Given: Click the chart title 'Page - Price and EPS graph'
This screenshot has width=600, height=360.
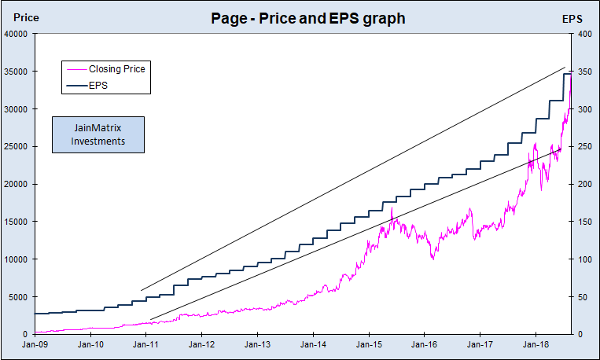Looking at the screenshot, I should (308, 18).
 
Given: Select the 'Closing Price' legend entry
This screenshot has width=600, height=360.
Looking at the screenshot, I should (116, 69).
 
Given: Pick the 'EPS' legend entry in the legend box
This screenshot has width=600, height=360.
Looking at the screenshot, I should (99, 84).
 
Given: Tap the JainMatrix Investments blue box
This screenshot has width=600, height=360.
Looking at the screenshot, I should (98, 134).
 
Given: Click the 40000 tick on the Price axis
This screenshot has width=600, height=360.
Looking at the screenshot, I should (16, 34).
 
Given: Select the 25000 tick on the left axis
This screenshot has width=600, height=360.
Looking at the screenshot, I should (16, 147).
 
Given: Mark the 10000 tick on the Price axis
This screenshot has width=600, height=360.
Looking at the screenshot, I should (16, 259).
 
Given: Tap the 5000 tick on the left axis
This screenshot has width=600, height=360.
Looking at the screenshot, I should (18, 297).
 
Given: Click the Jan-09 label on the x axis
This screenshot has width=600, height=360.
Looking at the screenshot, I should (35, 344).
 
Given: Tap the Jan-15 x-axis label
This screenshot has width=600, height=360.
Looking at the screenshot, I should (369, 344).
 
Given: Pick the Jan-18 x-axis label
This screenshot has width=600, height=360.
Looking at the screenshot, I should (536, 344).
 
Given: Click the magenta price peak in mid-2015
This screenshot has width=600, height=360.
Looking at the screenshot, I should (392, 208).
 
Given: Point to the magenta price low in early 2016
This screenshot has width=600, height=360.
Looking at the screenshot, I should (432, 258).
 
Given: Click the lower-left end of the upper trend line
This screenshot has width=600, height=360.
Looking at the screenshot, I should (142, 290).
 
